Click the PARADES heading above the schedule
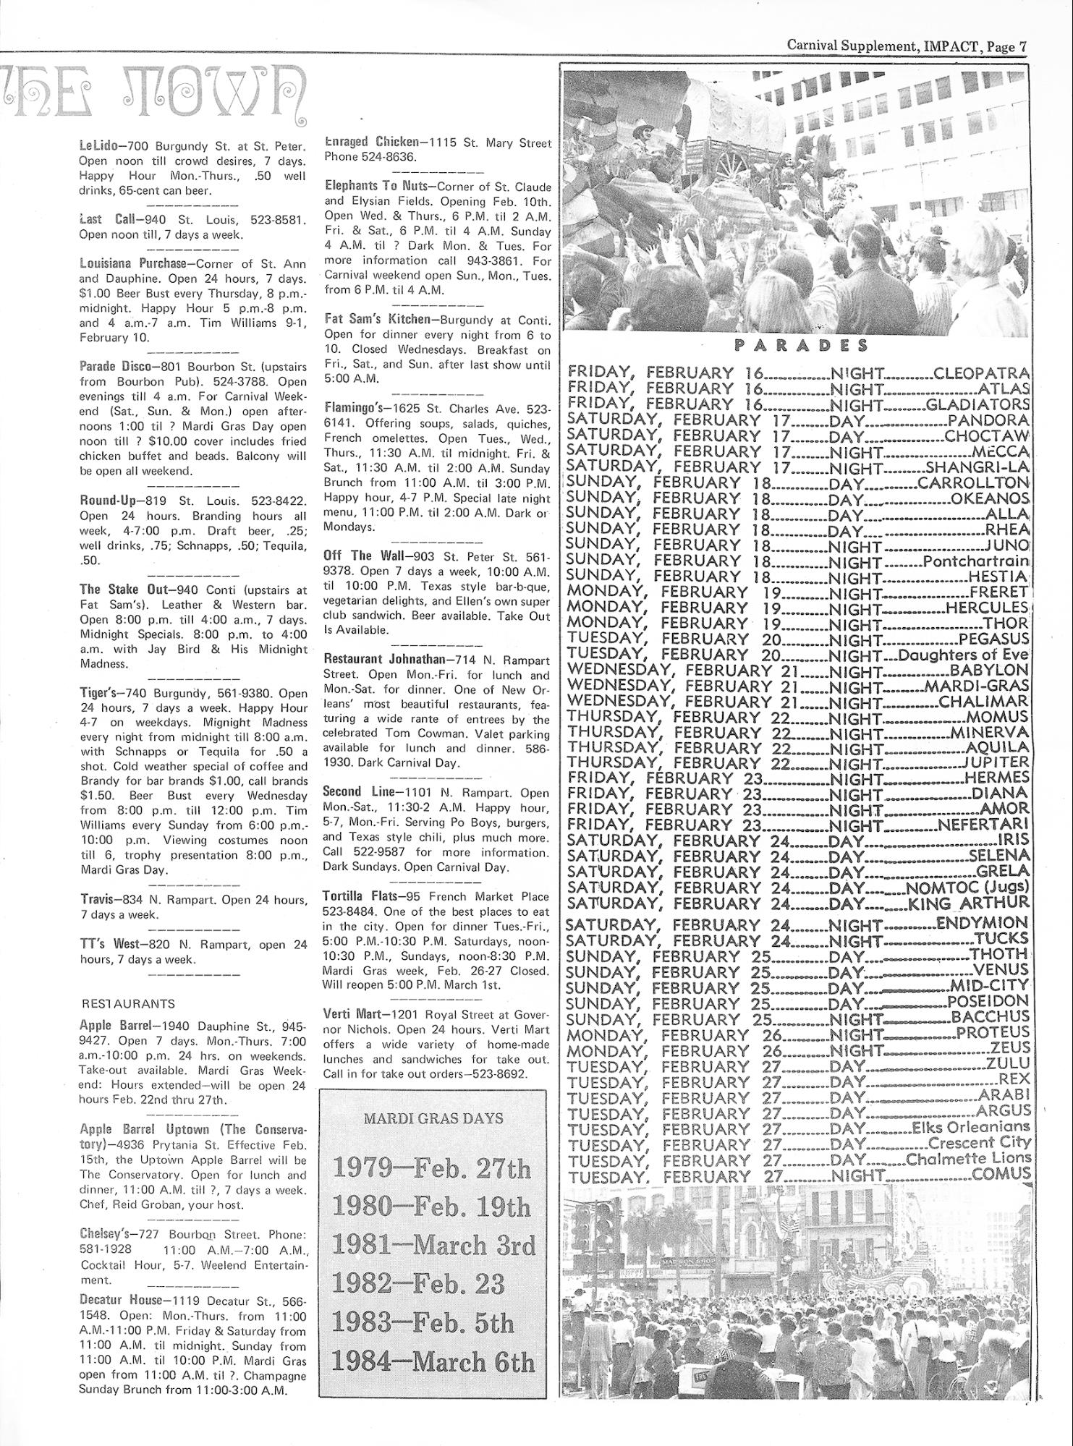click(x=801, y=346)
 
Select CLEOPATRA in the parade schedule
click(x=981, y=374)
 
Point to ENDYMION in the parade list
click(x=982, y=923)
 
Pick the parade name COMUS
click(x=1001, y=1175)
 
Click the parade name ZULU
click(x=1007, y=1065)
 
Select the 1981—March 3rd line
click(x=433, y=1245)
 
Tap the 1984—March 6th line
click(x=433, y=1362)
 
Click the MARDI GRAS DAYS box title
click(x=433, y=1118)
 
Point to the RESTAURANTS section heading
click(x=127, y=1004)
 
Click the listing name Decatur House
click(x=121, y=1298)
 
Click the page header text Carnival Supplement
click(x=852, y=46)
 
